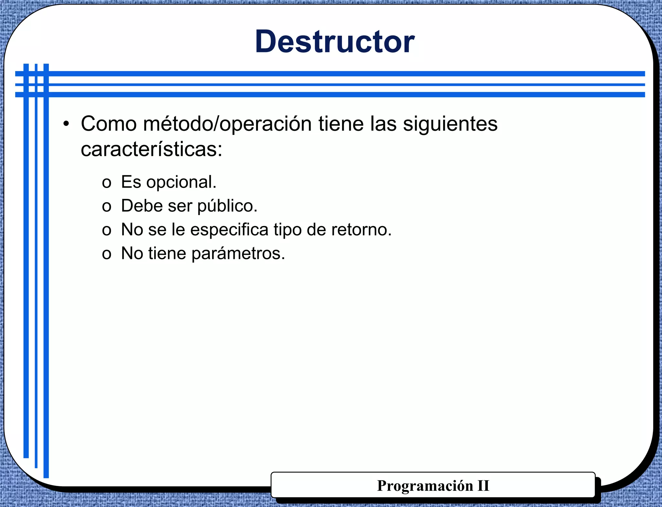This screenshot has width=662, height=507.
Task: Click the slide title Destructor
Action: coord(335,42)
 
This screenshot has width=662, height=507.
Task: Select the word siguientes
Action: coord(450,124)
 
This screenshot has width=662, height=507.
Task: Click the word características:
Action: coord(152,150)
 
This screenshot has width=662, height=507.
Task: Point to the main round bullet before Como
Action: coord(66,124)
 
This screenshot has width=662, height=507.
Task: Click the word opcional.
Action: coord(181,182)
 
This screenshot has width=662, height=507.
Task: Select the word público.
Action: coord(227,206)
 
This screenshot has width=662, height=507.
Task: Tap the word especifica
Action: coord(229,230)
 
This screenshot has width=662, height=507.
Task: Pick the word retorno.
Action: coord(361,230)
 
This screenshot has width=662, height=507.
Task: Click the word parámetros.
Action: coord(238,253)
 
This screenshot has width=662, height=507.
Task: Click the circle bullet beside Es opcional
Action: coord(106,183)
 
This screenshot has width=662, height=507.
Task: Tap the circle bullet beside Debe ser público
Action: coord(106,207)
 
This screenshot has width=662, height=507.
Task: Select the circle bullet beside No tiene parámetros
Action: coord(106,254)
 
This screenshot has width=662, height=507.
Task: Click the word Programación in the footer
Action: coord(425,486)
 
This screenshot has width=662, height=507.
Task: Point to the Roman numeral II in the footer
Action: coord(483,486)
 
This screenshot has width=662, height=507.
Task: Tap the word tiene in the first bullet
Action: coord(341,124)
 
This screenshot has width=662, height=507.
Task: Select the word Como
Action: coord(109,124)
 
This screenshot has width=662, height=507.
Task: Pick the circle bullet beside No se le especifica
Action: coord(106,231)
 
